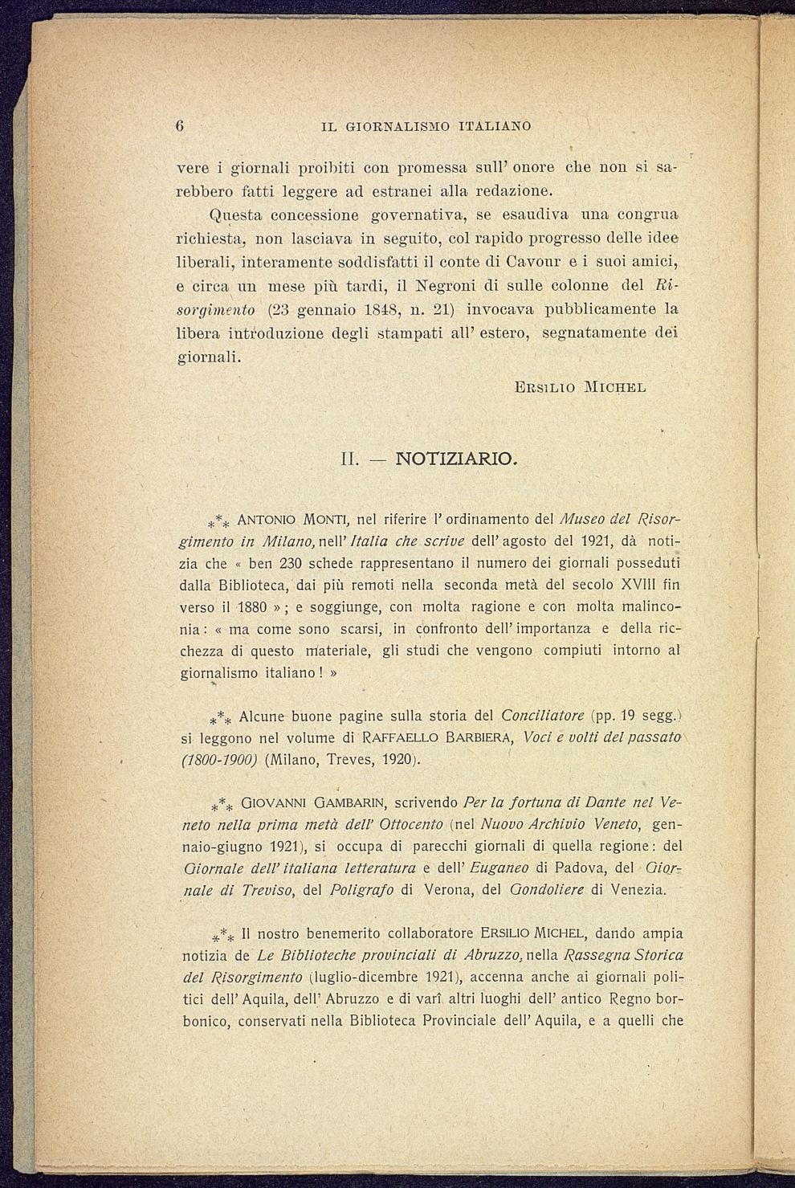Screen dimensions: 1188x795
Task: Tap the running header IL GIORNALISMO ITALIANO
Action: (426, 126)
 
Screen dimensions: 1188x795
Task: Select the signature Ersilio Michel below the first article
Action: (581, 387)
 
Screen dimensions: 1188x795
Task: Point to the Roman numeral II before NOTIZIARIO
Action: (349, 460)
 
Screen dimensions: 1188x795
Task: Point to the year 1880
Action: (248, 607)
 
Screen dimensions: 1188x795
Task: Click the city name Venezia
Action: (638, 890)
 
